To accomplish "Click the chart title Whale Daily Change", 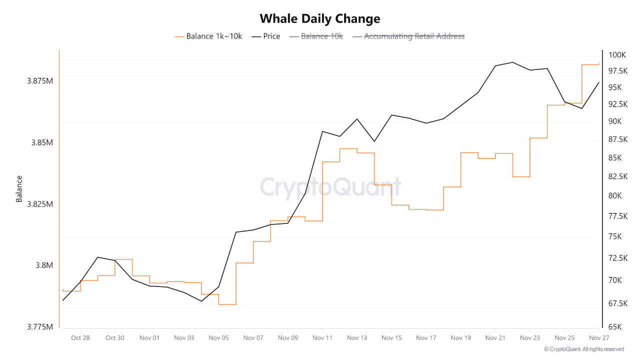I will pos(320,19).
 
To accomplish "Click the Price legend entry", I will pos(266,36).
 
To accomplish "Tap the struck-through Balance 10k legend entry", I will pos(316,36).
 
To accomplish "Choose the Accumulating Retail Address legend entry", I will pos(408,36).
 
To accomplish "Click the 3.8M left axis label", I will pos(44,265).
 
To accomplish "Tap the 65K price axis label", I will pos(614,327).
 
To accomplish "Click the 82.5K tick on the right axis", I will pos(617,176).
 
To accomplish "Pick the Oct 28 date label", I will pos(80,338).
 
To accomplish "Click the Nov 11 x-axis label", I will pos(322,338).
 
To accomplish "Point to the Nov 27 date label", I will pos(599,338).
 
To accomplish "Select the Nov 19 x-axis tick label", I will pos(460,338).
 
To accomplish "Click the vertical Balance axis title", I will pos(19,188).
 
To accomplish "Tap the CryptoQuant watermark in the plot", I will pos(330,187).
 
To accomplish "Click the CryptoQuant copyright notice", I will pos(583,349).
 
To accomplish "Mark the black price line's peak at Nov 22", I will pos(512,62).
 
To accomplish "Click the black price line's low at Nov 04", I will pos(201,301).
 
